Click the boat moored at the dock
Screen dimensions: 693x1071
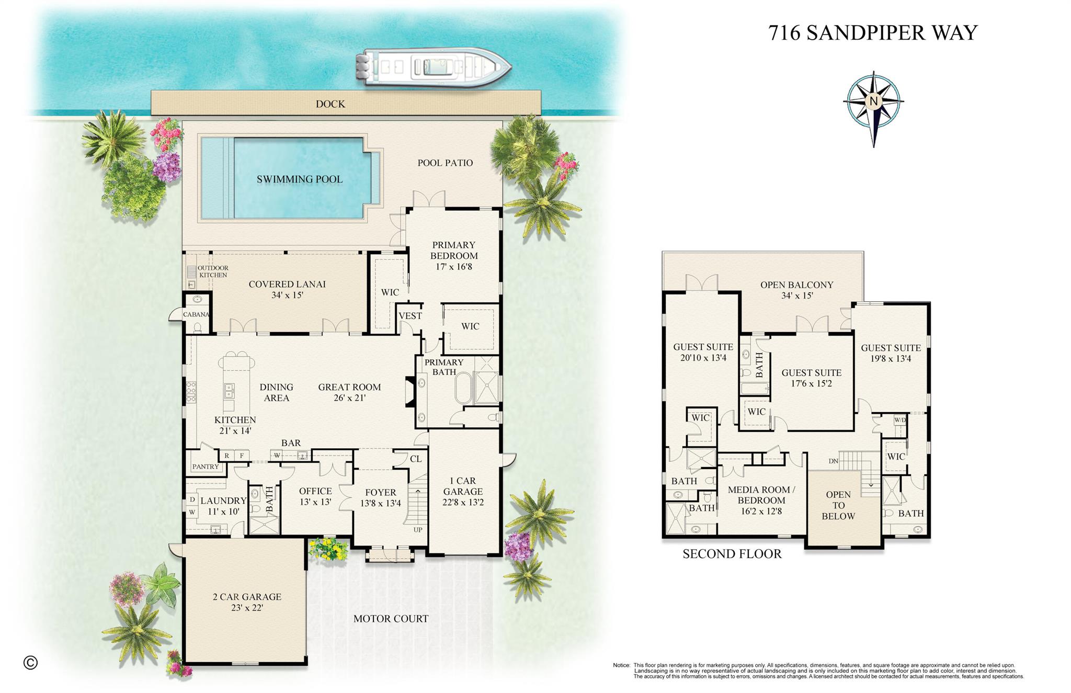coord(434,67)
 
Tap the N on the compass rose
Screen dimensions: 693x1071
coord(873,101)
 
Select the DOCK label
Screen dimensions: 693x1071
coord(331,104)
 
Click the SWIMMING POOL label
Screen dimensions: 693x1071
coord(300,179)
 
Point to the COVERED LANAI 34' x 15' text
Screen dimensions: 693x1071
coord(287,289)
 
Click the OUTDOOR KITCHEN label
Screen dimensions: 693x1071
coord(213,271)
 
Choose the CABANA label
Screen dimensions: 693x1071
coord(196,314)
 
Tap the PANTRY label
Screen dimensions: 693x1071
coord(205,467)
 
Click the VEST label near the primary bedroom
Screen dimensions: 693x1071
coord(410,316)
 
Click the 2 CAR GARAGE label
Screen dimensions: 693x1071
coord(247,602)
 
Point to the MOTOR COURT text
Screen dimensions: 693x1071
coord(391,619)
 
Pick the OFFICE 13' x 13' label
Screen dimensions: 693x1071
coord(315,496)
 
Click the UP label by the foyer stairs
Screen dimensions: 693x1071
coord(418,530)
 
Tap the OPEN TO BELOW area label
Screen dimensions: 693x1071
coord(838,505)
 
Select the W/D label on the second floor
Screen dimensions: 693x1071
coord(899,420)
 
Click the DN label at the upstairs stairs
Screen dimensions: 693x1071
coord(834,461)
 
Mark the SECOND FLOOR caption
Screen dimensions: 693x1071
coord(732,554)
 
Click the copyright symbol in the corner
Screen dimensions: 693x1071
coord(30,663)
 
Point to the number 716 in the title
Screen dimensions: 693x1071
coord(784,33)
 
